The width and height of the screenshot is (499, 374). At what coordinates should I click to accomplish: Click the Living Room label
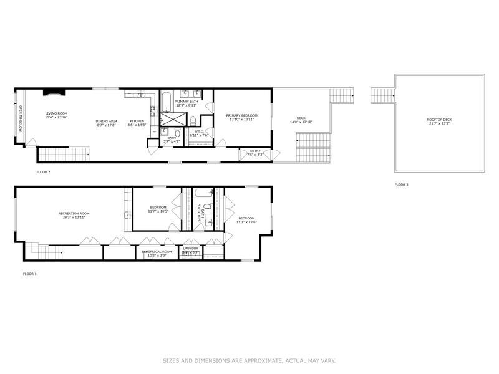pyautogui.click(x=56, y=114)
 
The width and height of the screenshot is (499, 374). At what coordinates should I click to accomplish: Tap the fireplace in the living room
pyautogui.click(x=52, y=93)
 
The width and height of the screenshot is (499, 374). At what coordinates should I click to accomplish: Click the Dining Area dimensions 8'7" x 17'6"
pyautogui.click(x=107, y=125)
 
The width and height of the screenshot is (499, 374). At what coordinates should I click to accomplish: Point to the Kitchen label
pyautogui.click(x=137, y=121)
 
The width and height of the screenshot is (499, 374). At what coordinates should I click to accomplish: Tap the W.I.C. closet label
pyautogui.click(x=199, y=131)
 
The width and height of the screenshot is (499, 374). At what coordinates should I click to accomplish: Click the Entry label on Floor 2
pyautogui.click(x=255, y=150)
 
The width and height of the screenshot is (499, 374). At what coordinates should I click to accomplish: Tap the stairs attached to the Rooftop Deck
pyautogui.click(x=382, y=96)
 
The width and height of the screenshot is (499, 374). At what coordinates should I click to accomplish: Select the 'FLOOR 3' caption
pyautogui.click(x=401, y=185)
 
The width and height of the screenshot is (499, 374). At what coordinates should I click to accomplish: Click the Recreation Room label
pyautogui.click(x=74, y=214)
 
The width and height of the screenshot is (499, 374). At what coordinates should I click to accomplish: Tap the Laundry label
pyautogui.click(x=190, y=249)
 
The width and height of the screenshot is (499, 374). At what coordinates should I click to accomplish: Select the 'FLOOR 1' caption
pyautogui.click(x=30, y=274)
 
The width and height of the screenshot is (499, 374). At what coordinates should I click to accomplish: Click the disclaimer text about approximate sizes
pyautogui.click(x=249, y=360)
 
